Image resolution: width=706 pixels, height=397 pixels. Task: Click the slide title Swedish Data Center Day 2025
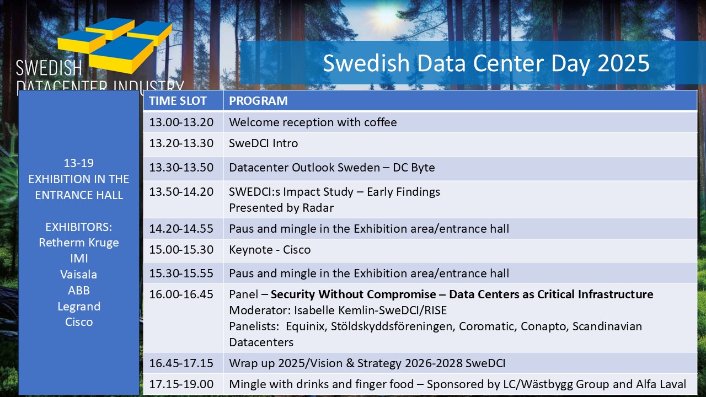point(486,63)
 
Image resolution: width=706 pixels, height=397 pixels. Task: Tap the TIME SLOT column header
point(178,101)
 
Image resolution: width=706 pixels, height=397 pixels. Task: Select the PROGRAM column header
point(258,101)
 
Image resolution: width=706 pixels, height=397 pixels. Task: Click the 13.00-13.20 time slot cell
point(181,122)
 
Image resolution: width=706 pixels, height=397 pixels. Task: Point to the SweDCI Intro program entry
point(263,143)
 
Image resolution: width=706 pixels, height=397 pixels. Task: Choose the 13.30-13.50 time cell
point(181,168)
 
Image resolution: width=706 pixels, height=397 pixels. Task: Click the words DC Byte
point(414,168)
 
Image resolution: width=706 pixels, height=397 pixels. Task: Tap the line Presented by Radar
point(281,208)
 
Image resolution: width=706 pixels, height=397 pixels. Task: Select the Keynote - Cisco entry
point(270,250)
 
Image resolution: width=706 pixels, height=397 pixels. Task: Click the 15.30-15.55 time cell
point(181,273)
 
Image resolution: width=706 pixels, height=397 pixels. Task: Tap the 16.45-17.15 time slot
point(181,363)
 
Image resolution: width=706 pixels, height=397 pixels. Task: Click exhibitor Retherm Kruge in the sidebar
point(79,243)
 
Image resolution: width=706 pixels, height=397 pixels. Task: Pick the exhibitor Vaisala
point(79,275)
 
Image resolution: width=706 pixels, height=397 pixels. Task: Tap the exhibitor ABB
point(79,291)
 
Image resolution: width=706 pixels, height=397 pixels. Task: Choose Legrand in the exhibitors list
point(79,307)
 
